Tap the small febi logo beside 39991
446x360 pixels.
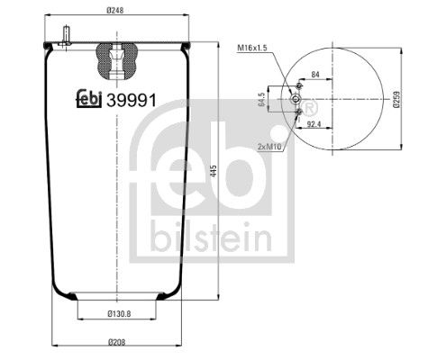(89, 100)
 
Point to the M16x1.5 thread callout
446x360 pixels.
(255, 47)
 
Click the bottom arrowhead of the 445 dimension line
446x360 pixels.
(221, 294)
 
